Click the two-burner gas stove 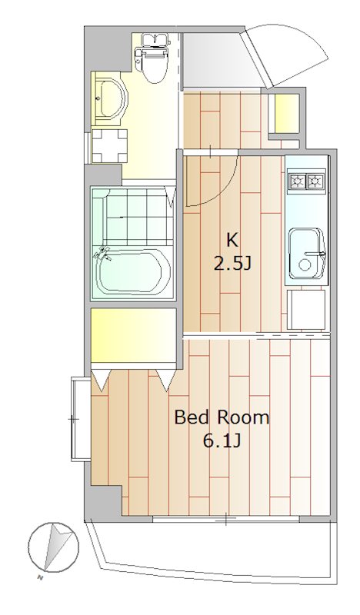(x=306, y=181)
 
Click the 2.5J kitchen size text (x=232, y=264)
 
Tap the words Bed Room (x=222, y=417)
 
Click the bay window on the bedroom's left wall (x=80, y=419)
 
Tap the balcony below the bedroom (x=215, y=547)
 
